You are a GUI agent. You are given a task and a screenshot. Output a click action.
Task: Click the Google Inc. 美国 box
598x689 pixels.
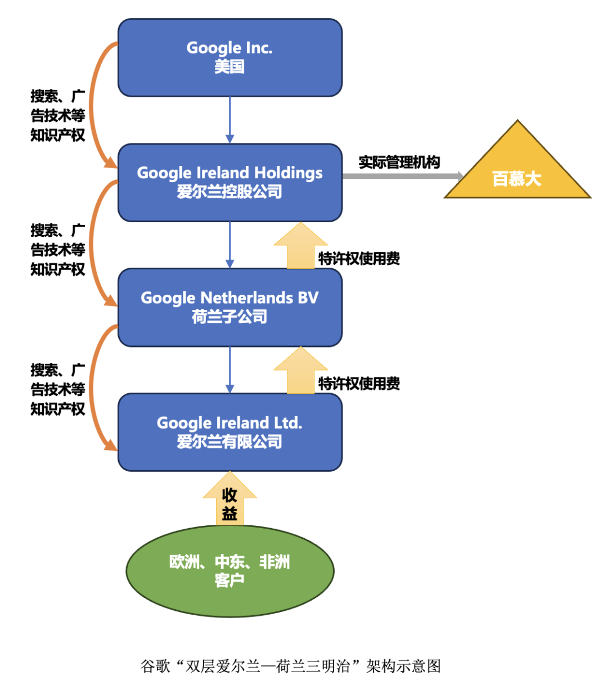(x=230, y=57)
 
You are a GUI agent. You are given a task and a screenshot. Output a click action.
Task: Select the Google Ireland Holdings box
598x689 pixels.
(x=230, y=182)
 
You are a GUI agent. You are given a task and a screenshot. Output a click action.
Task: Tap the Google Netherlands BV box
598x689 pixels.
(x=230, y=307)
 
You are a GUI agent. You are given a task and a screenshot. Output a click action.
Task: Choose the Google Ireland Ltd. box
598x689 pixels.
(x=230, y=432)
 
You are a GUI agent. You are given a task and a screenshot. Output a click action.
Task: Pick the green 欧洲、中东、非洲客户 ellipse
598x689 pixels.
(x=230, y=571)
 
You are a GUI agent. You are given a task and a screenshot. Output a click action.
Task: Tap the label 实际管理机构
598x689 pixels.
(x=399, y=162)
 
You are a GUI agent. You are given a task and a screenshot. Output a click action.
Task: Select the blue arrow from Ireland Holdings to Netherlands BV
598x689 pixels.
(x=230, y=245)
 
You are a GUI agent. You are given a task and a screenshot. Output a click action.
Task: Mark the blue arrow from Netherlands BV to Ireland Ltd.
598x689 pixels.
(x=230, y=370)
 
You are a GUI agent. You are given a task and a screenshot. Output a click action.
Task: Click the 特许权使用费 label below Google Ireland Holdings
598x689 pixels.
(x=359, y=259)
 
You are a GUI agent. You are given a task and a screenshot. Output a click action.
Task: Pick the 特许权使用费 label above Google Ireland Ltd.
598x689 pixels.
(x=359, y=384)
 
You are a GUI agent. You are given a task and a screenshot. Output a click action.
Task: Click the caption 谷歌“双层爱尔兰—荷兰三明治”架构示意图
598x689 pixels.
(x=290, y=667)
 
